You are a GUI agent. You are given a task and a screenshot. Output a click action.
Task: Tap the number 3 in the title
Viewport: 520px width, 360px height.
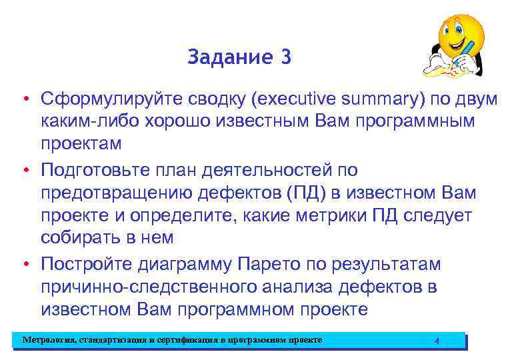286,57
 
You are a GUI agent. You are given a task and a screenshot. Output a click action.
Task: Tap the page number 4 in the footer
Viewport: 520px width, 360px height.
437,341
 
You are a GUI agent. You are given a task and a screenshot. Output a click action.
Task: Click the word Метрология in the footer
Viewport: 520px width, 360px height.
47,340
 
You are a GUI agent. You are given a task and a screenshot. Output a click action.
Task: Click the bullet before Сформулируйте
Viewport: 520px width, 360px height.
25,100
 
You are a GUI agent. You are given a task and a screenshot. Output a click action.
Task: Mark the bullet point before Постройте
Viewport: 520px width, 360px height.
25,265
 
